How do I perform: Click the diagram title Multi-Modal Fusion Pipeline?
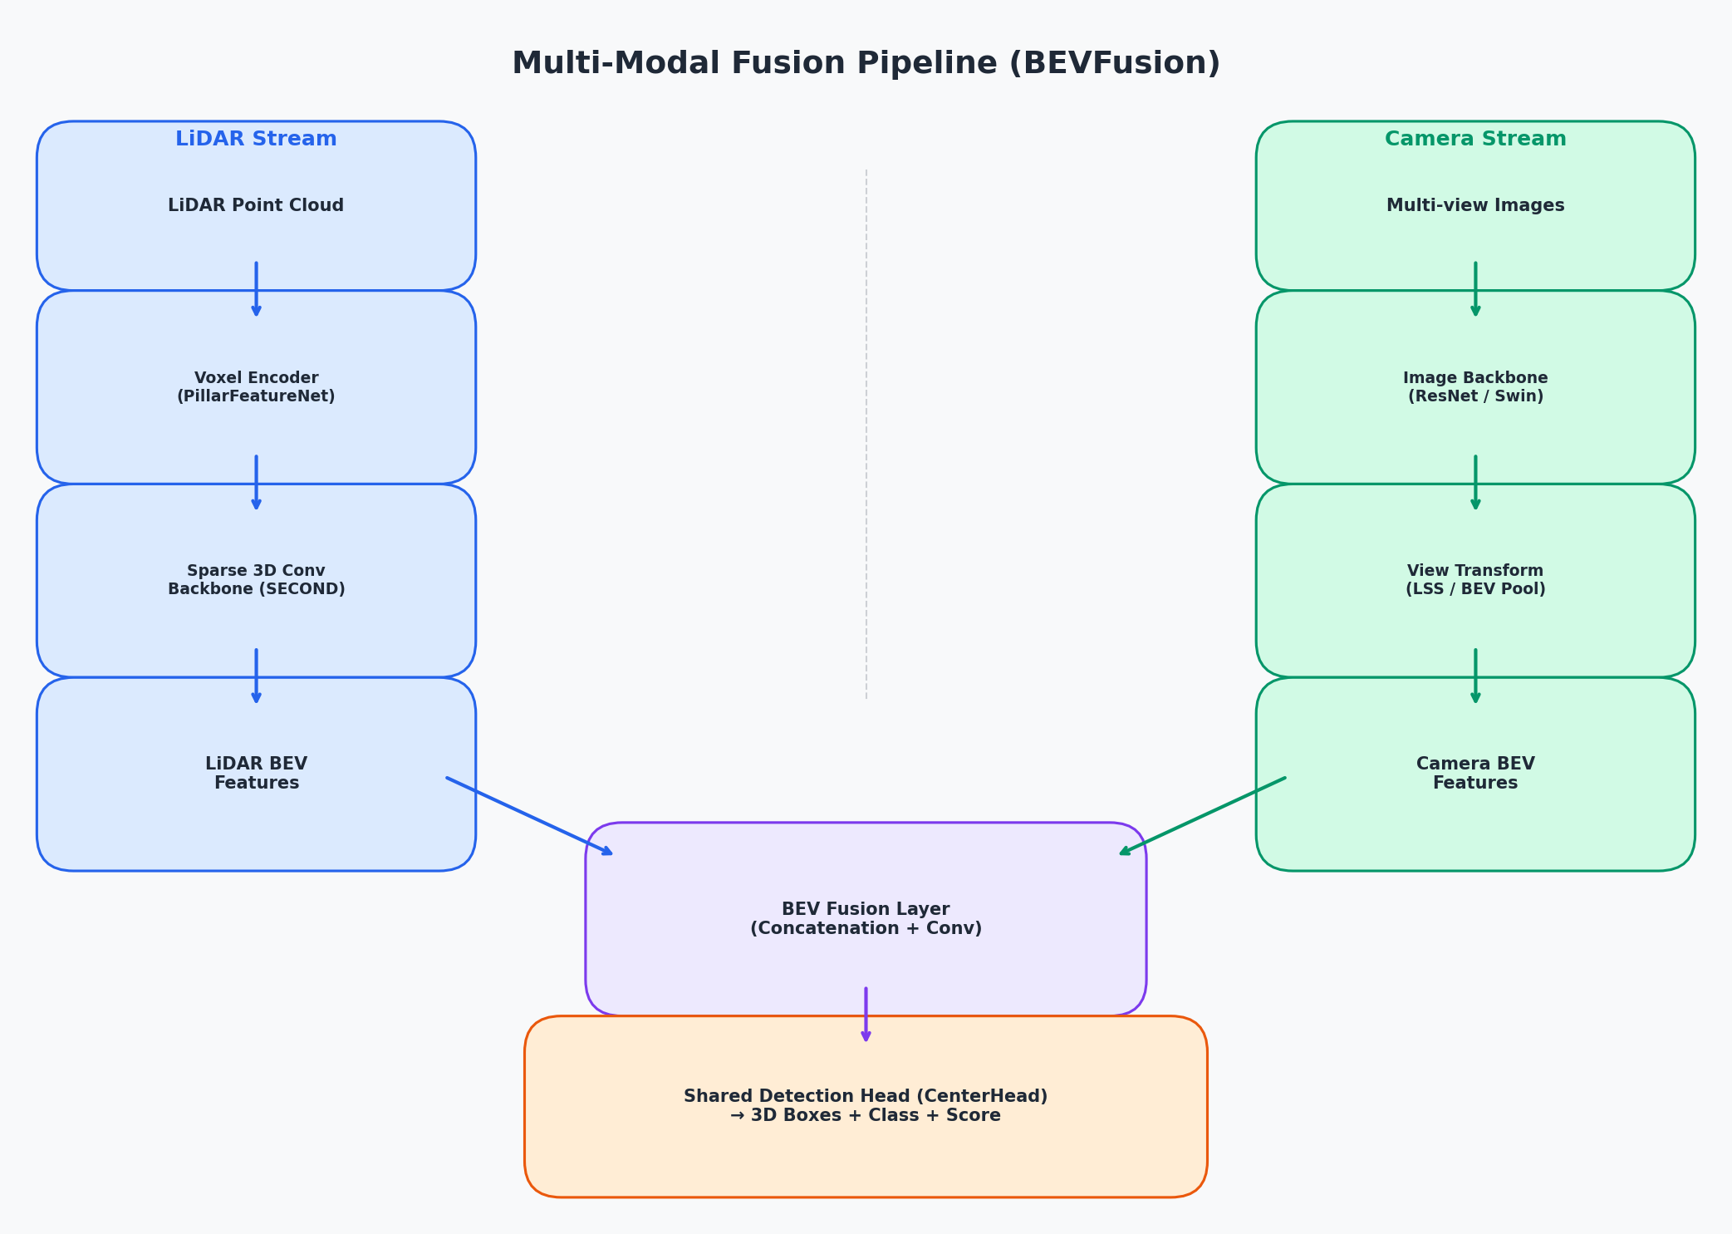pyautogui.click(x=866, y=64)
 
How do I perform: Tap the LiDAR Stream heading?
pyautogui.click(x=256, y=140)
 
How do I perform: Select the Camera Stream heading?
pyautogui.click(x=1474, y=140)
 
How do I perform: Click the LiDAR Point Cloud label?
pyautogui.click(x=256, y=205)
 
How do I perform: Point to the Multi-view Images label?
pyautogui.click(x=1474, y=205)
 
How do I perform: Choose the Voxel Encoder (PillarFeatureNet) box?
pyautogui.click(x=256, y=387)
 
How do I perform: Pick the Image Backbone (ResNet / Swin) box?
pyautogui.click(x=1474, y=387)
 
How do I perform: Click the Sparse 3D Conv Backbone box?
pyautogui.click(x=256, y=580)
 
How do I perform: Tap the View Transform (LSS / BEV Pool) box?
pyautogui.click(x=1474, y=580)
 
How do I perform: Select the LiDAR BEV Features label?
pyautogui.click(x=256, y=774)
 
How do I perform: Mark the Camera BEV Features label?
pyautogui.click(x=1474, y=774)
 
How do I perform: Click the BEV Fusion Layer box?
pyautogui.click(x=866, y=919)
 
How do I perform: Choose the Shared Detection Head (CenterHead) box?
pyautogui.click(x=866, y=1106)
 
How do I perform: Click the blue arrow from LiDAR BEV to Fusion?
pyautogui.click(x=529, y=815)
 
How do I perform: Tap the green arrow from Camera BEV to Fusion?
pyautogui.click(x=1203, y=815)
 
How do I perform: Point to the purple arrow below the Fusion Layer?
pyautogui.click(x=866, y=1014)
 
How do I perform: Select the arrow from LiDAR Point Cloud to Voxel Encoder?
pyautogui.click(x=256, y=289)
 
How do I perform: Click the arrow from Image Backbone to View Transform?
pyautogui.click(x=1475, y=482)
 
